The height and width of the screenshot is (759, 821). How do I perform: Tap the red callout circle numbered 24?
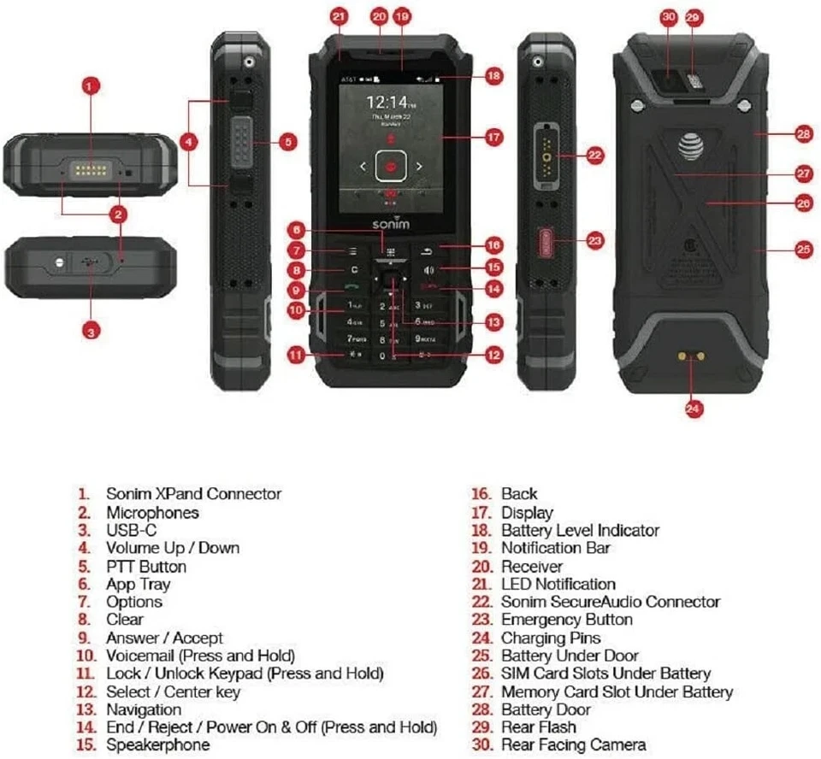[694, 409]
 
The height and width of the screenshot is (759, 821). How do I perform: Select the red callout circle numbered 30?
[670, 17]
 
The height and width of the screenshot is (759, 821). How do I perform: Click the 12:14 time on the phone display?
[387, 103]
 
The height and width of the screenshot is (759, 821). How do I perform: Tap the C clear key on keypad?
[353, 270]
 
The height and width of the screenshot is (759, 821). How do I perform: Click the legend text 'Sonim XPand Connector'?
[193, 493]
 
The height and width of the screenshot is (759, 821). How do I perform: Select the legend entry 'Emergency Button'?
[566, 620]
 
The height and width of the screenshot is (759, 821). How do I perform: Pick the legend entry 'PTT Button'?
[145, 566]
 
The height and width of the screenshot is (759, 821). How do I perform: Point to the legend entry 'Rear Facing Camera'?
[573, 745]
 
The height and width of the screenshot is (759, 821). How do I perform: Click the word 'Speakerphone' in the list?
[157, 745]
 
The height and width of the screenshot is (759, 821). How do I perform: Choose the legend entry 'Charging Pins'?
[551, 638]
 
